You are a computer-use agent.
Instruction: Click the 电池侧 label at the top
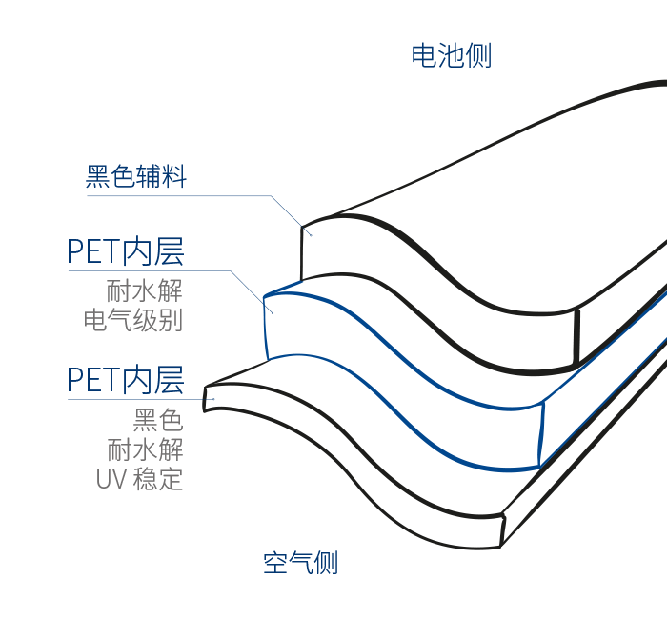tap(451, 55)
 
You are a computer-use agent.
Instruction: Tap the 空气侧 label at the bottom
tap(300, 563)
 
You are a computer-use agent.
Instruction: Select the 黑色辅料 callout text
tap(136, 176)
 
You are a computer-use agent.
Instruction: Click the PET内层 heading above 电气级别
tap(125, 251)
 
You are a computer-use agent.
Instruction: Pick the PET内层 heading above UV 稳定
tap(125, 379)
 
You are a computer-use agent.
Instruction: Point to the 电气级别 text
tap(132, 319)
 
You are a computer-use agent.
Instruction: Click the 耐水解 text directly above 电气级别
tap(144, 289)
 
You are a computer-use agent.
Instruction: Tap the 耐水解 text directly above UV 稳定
tap(145, 449)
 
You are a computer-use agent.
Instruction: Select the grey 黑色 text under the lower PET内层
tap(157, 419)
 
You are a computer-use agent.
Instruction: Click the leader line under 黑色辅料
tap(191, 196)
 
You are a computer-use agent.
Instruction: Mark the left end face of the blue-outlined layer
tap(268, 324)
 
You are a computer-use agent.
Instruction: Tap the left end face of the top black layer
tap(302, 253)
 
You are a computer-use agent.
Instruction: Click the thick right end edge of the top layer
tap(576, 336)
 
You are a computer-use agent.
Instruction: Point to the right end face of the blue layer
tap(542, 434)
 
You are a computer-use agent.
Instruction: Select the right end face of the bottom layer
tap(502, 529)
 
